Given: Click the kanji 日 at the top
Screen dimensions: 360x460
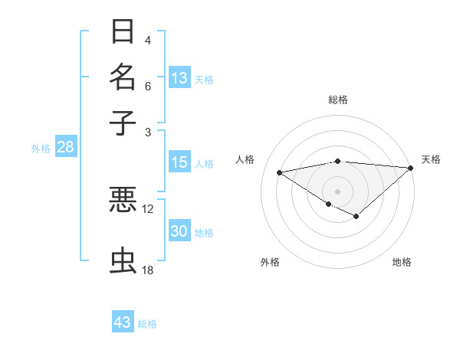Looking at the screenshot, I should (x=123, y=32).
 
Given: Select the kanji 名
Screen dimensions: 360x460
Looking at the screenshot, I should (x=123, y=77).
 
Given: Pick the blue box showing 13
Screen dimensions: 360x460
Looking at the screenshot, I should (x=179, y=77).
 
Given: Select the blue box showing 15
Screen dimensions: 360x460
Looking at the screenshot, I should (x=179, y=162).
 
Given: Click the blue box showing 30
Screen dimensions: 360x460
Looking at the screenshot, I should (x=179, y=232).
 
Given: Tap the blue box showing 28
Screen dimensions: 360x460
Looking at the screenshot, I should (x=65, y=148).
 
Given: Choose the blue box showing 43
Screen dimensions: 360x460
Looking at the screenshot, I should (x=123, y=322).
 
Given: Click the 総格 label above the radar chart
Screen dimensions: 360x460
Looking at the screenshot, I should (x=338, y=100).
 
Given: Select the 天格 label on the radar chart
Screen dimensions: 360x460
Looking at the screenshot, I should (x=431, y=159).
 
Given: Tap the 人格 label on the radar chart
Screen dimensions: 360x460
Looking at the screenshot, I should (x=245, y=159).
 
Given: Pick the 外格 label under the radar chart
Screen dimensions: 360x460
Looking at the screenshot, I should (x=269, y=263).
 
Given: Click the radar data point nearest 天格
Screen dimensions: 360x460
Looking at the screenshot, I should (x=411, y=169).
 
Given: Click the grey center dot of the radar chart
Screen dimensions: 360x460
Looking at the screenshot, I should (x=338, y=191).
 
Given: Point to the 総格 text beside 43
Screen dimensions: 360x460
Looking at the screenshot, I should (x=148, y=324).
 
